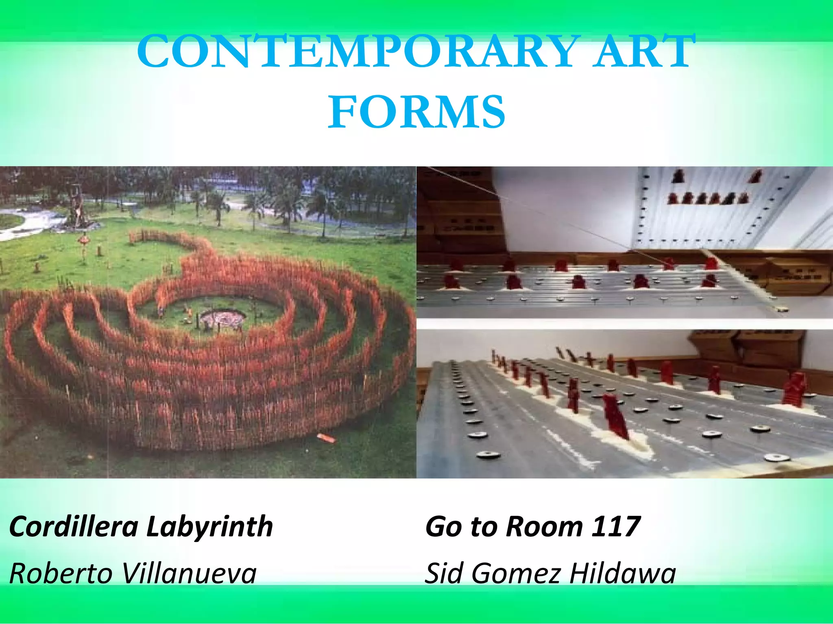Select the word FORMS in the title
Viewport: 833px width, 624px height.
pyautogui.click(x=416, y=112)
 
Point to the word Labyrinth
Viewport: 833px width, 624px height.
pyautogui.click(x=209, y=527)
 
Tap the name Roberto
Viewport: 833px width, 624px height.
pyautogui.click(x=61, y=573)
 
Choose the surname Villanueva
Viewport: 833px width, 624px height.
pyautogui.click(x=190, y=573)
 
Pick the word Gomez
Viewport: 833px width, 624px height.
pyautogui.click(x=517, y=573)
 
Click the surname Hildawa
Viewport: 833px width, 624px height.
pyautogui.click(x=622, y=573)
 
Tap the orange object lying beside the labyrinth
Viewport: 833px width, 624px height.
pyautogui.click(x=326, y=438)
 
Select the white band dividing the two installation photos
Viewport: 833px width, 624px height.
pyautogui.click(x=625, y=324)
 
